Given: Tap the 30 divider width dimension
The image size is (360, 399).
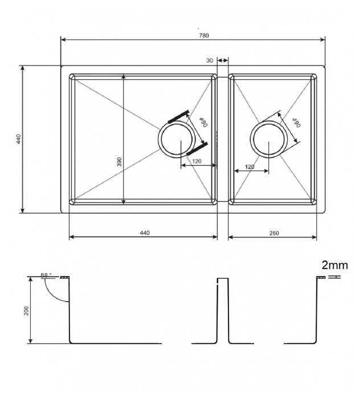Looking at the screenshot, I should pyautogui.click(x=210, y=60).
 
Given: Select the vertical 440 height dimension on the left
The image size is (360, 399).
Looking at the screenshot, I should pyautogui.click(x=19, y=139).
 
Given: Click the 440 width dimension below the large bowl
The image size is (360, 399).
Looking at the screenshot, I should pyautogui.click(x=144, y=232).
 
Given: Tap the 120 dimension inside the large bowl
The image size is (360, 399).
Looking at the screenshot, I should pyautogui.click(x=197, y=161).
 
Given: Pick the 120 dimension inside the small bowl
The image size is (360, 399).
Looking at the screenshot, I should pyautogui.click(x=249, y=166).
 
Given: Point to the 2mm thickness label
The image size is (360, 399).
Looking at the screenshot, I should pyautogui.click(x=334, y=265).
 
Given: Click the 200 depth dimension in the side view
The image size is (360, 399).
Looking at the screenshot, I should pyautogui.click(x=26, y=311).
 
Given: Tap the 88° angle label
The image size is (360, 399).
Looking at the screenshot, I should pyautogui.click(x=46, y=275).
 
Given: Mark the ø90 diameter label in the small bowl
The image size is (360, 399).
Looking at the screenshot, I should pyautogui.click(x=296, y=123).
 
